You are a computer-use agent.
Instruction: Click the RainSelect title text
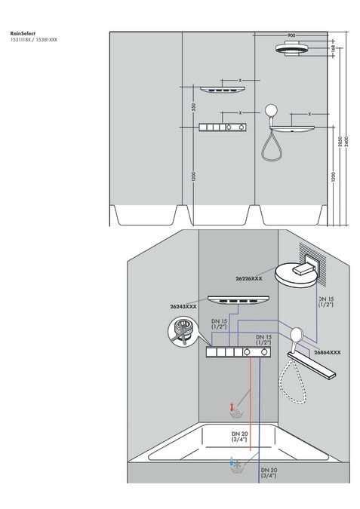pyautogui.click(x=23, y=33)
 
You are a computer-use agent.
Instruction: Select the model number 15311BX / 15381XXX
pyautogui.click(x=34, y=39)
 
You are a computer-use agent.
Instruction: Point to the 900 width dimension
pyautogui.click(x=291, y=35)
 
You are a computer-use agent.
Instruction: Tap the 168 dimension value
pyautogui.click(x=333, y=48)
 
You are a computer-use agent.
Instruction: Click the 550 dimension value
pyautogui.click(x=194, y=108)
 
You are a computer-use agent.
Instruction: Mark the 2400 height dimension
pyautogui.click(x=346, y=143)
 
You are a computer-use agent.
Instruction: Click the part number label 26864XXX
pyautogui.click(x=327, y=352)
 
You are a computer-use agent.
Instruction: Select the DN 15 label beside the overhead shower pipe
pyautogui.click(x=325, y=301)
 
